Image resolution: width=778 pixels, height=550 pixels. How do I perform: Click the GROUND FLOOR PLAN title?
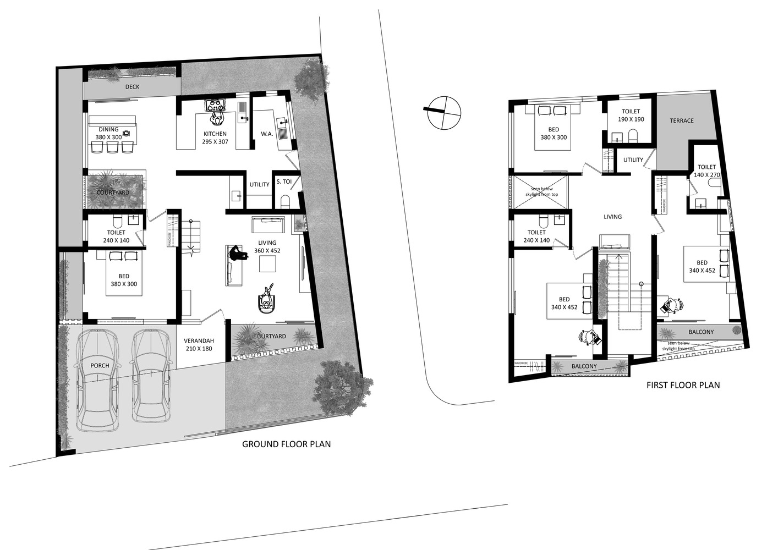286,444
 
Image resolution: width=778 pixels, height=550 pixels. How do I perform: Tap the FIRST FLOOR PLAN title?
683,385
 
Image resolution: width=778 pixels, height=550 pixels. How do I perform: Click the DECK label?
132,87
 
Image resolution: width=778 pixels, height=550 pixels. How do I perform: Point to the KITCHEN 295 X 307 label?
215,137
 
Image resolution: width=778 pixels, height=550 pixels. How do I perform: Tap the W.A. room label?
267,134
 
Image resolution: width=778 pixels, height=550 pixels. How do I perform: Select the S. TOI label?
284,182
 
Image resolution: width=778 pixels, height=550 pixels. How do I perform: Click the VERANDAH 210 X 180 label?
199,345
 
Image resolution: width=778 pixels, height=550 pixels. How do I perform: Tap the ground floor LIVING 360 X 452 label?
267,246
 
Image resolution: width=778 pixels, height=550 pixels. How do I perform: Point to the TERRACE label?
681,121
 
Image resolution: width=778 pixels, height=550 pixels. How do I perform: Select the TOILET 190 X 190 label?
631,116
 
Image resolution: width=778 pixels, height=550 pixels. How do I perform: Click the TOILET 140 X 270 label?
706,171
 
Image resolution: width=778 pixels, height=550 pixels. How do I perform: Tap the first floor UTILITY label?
633,160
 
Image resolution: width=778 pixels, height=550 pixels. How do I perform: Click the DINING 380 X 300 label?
108,133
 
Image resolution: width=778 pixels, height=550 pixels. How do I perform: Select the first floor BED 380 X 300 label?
553,134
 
